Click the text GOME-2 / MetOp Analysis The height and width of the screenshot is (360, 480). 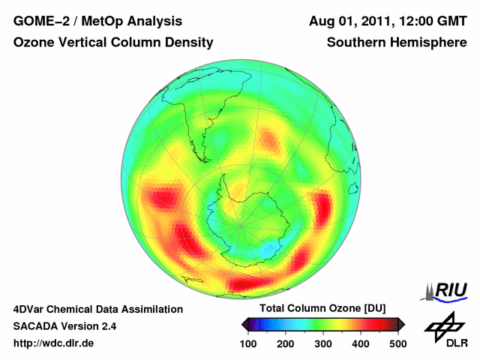click(97, 21)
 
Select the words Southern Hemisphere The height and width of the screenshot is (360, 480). click(397, 43)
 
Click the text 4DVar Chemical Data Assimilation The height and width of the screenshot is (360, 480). click(97, 309)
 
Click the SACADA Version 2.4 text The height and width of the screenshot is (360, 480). click(64, 326)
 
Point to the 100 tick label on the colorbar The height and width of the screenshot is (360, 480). click(247, 343)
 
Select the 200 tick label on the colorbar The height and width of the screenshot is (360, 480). click(285, 343)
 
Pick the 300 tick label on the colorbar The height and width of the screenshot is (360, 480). click(322, 343)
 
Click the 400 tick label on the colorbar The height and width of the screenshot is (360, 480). click(360, 343)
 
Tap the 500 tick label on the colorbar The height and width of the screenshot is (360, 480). click(397, 343)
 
